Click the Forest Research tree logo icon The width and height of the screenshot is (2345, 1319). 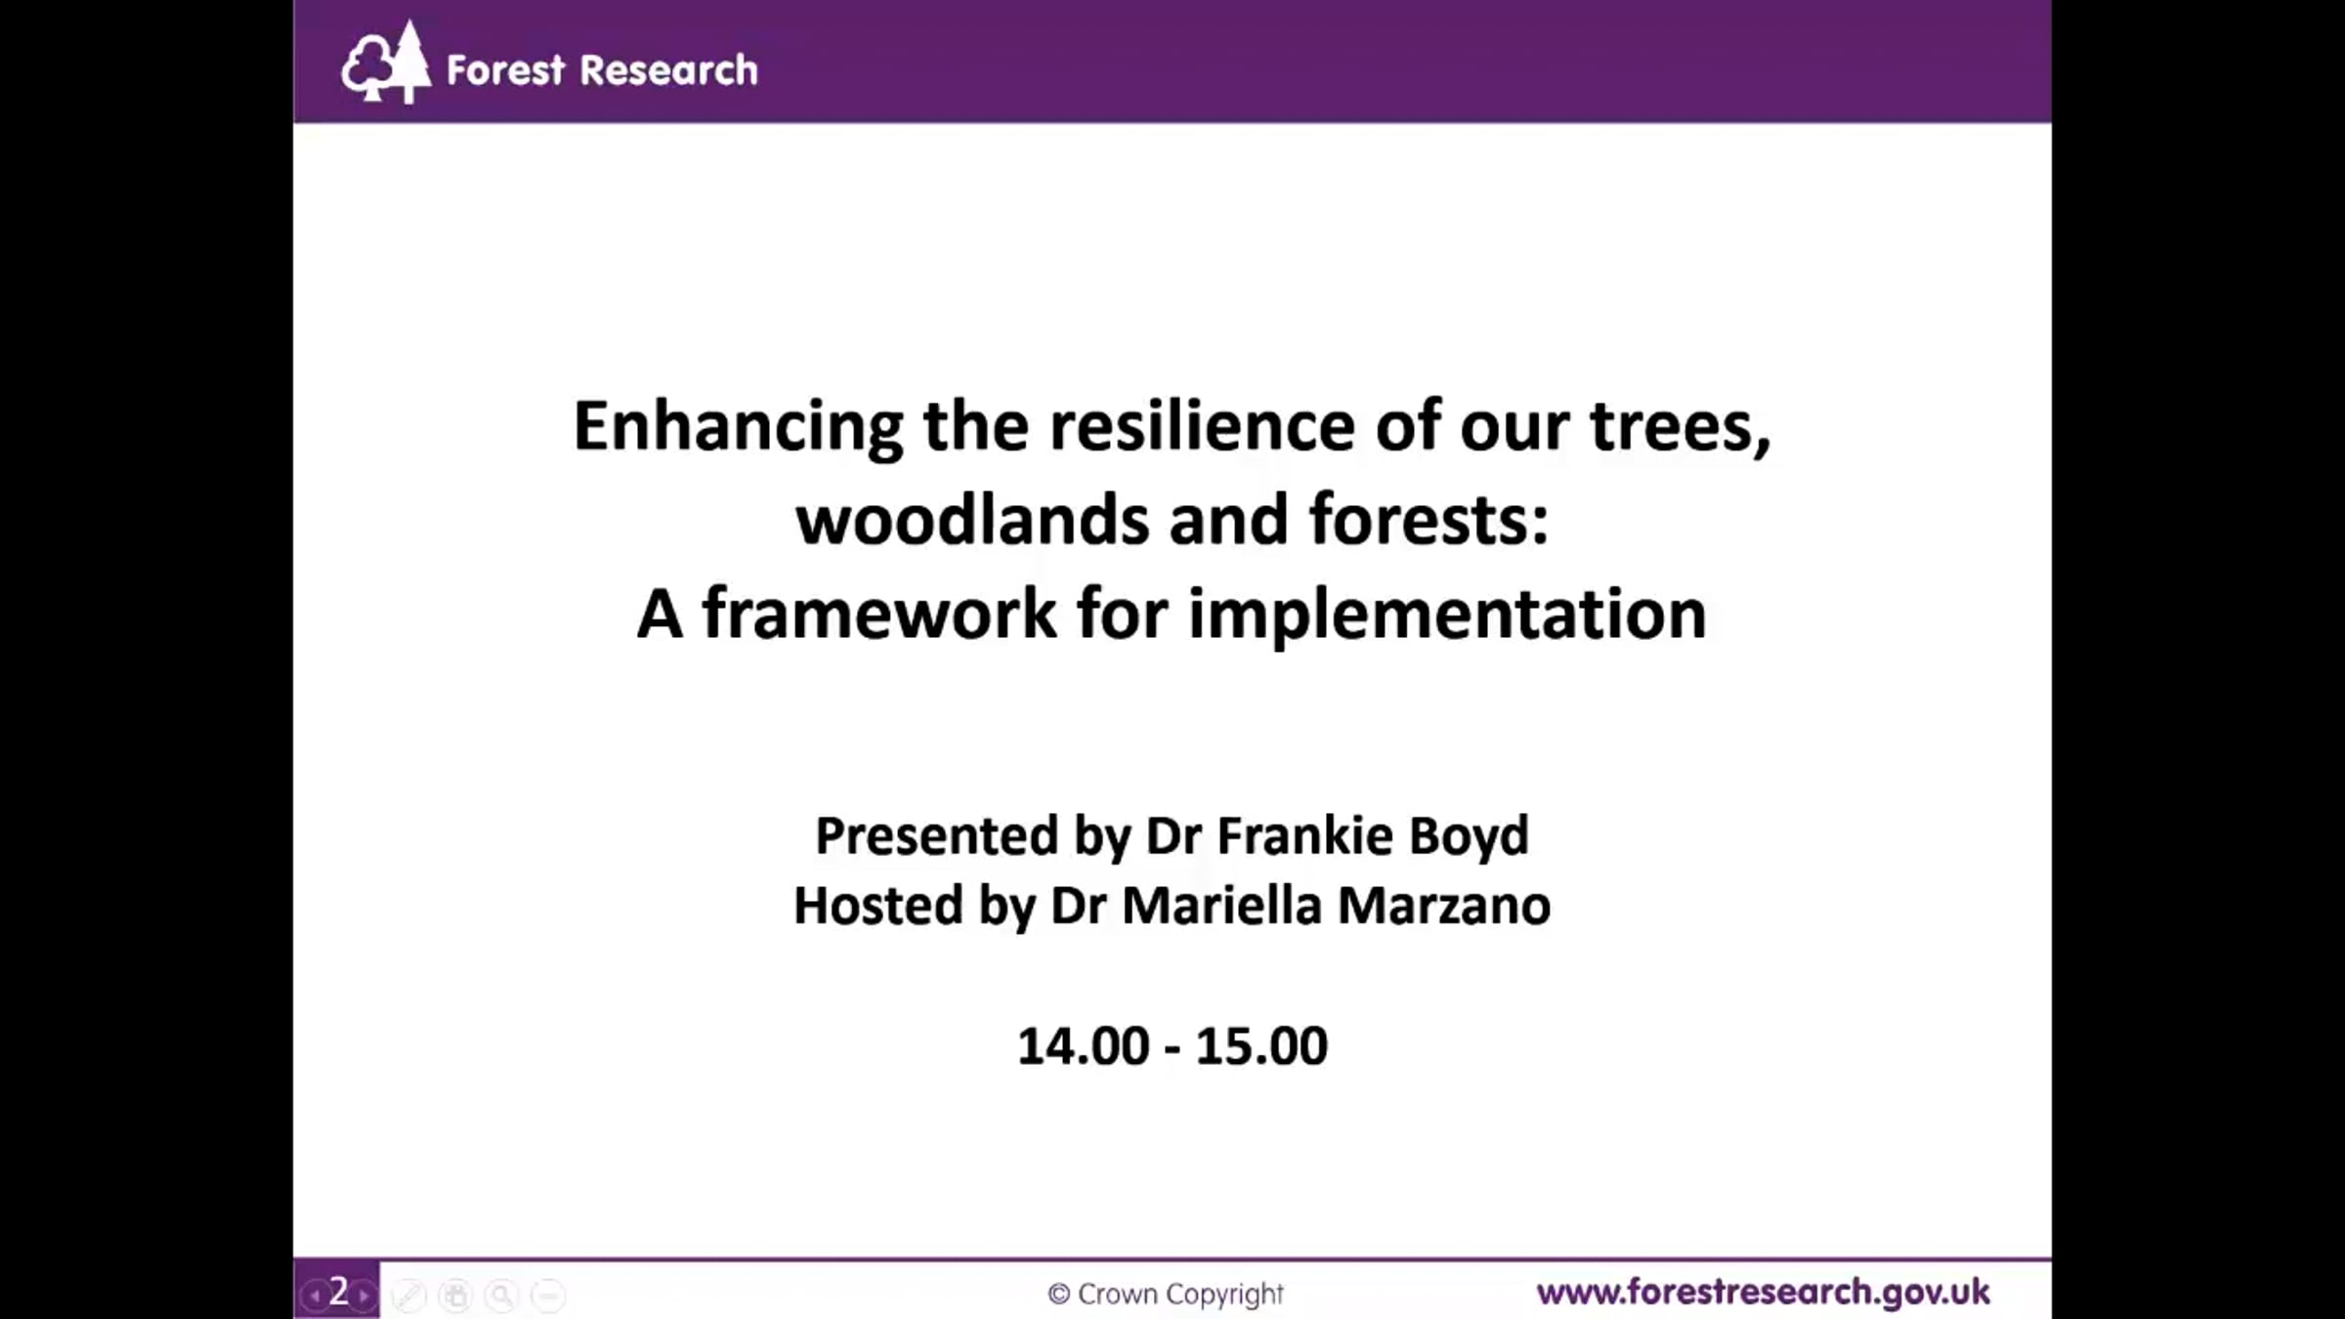tap(385, 63)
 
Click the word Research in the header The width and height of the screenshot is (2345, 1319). tap(668, 70)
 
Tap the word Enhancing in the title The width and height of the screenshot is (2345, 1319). tap(738, 428)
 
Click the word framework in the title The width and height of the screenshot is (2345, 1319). tap(879, 614)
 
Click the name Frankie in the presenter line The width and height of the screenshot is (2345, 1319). tap(1305, 835)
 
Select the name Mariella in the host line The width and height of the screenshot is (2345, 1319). tap(1221, 905)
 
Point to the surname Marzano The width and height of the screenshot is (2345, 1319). tap(1444, 906)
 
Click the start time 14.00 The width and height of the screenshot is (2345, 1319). tap(1084, 1046)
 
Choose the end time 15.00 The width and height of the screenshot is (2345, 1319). tap(1261, 1046)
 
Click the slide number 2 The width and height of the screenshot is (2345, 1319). tap(338, 1291)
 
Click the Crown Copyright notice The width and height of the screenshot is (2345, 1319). tap(1166, 1295)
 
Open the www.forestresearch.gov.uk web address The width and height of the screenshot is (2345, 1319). tap(1764, 1293)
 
